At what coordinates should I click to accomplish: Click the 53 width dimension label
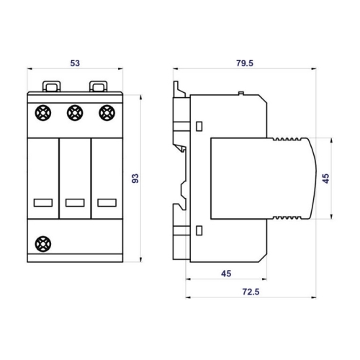tap(75, 63)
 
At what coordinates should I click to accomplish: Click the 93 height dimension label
tap(135, 179)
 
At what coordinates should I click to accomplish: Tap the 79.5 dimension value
tap(245, 63)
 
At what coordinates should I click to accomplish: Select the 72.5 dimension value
tap(251, 292)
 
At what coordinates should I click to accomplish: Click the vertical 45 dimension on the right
tap(325, 179)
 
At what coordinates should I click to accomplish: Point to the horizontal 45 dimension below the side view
tap(226, 274)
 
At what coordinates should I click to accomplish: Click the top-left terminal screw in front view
tap(43, 113)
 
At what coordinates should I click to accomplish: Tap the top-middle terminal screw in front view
tap(75, 113)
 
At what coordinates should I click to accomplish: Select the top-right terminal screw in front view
tap(107, 113)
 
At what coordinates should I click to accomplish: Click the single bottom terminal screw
tap(43, 244)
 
